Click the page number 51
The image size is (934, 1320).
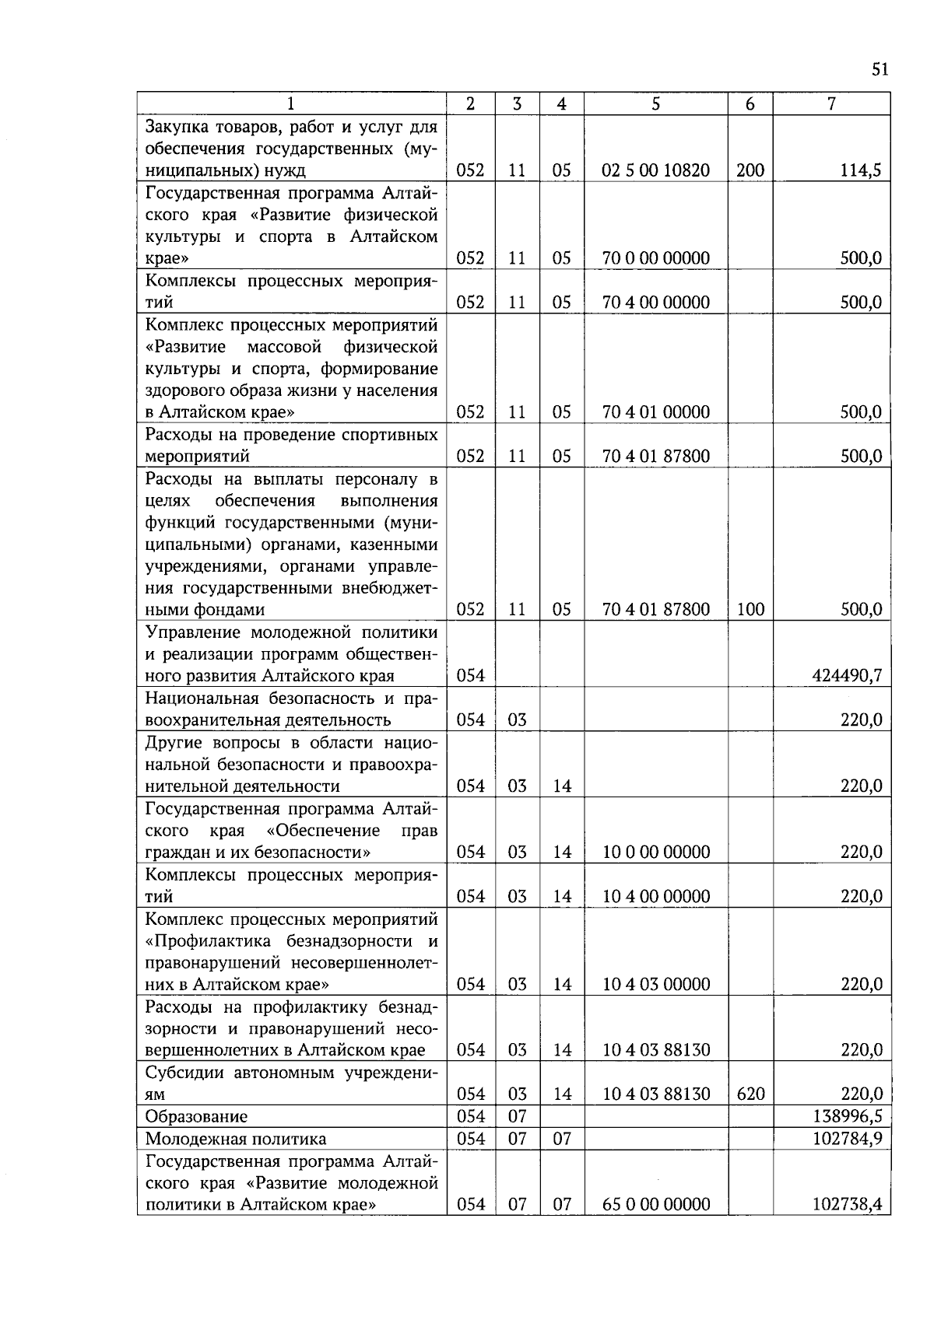click(x=880, y=70)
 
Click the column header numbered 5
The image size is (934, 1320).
click(x=655, y=103)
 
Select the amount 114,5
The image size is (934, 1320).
click(x=860, y=170)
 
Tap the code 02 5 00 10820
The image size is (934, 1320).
click(x=655, y=170)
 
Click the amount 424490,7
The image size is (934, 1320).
click(x=847, y=675)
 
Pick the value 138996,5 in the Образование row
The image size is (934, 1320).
click(x=847, y=1116)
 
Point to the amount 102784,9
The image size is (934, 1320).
click(x=847, y=1139)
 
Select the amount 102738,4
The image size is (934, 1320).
click(x=847, y=1204)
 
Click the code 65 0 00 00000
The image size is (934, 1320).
click(x=655, y=1204)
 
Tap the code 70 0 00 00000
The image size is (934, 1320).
click(x=655, y=258)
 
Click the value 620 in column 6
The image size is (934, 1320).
click(x=750, y=1094)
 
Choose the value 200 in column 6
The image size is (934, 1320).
click(x=750, y=170)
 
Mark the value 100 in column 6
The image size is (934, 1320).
click(x=750, y=609)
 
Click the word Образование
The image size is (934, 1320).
click(x=196, y=1116)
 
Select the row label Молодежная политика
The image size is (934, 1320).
click(x=236, y=1139)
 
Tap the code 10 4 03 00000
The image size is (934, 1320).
click(x=655, y=984)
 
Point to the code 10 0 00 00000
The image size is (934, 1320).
click(x=655, y=852)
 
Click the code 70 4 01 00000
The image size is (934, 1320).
click(x=655, y=412)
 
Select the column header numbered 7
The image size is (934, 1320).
click(x=830, y=103)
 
